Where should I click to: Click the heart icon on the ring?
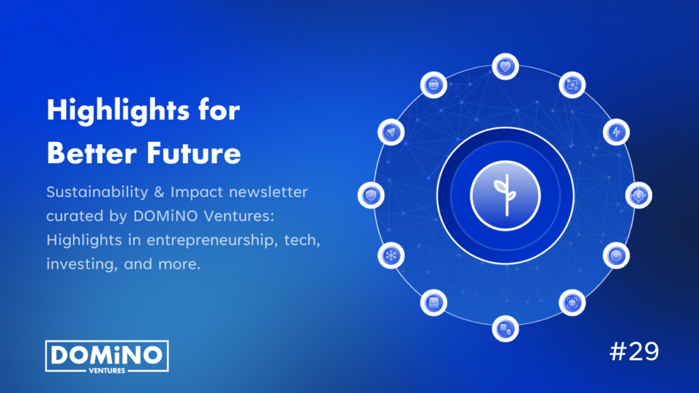pyautogui.click(x=505, y=67)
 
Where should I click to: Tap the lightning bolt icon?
pyautogui.click(x=616, y=131)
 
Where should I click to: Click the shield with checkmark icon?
pyautogui.click(x=371, y=196)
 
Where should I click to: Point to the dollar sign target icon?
pyautogui.click(x=639, y=195)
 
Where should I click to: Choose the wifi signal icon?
pyautogui.click(x=616, y=255)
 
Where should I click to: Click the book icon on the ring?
pyautogui.click(x=433, y=302)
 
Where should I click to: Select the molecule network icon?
pyautogui.click(x=391, y=255)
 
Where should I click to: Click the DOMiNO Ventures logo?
pyautogui.click(x=106, y=356)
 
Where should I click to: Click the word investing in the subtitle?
pyautogui.click(x=79, y=263)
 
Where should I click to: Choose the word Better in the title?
pyautogui.click(x=89, y=154)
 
